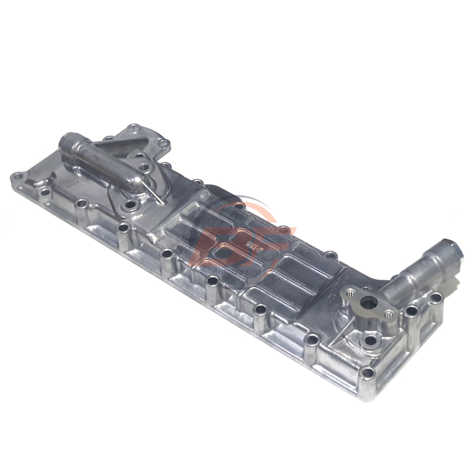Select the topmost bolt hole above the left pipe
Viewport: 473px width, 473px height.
click(x=132, y=129)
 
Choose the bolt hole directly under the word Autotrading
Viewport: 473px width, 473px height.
click(x=212, y=280)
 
